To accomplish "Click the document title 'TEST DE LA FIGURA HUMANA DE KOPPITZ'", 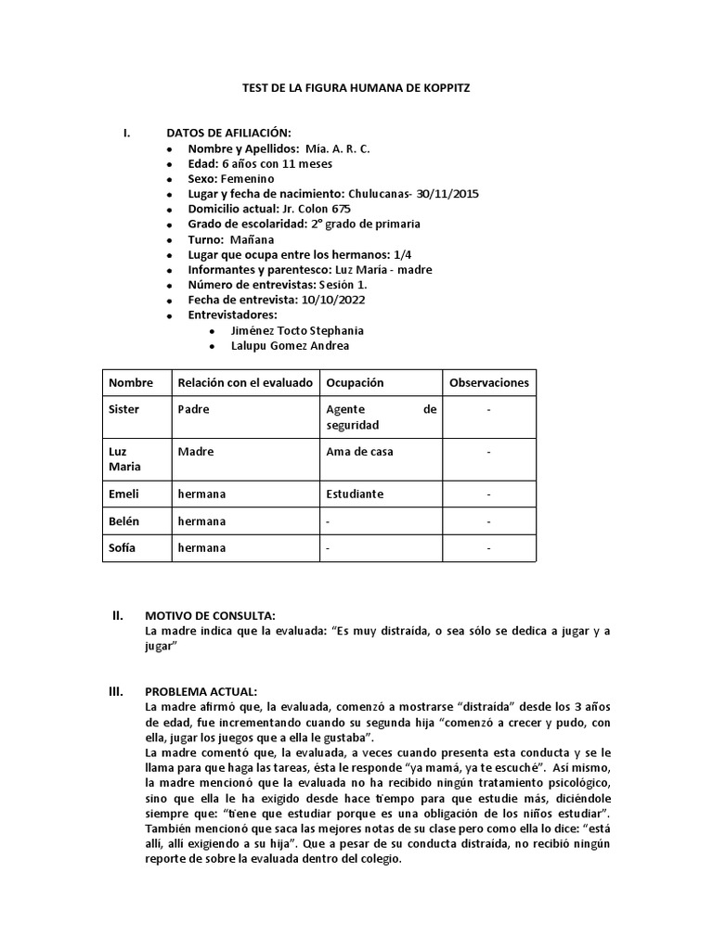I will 356,87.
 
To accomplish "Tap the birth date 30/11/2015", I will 448,194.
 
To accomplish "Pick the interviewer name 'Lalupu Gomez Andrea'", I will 291,346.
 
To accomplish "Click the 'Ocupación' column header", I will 355,382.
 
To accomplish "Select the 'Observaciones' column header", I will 488,382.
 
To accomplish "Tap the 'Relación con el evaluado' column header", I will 245,382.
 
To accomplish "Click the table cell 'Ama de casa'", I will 359,452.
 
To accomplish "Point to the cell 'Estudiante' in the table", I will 355,494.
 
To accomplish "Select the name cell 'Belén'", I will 124,521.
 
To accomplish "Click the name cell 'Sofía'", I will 123,547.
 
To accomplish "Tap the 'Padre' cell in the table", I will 193,408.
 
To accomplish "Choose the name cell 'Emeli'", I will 123,494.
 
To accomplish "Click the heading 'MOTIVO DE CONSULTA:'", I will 210,615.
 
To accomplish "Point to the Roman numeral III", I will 117,691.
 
